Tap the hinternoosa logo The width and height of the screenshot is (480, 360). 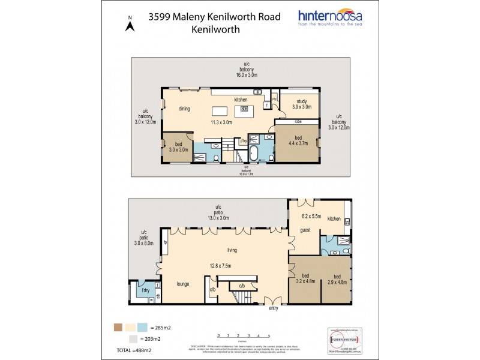click(341, 21)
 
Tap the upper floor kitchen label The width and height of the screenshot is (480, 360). click(241, 99)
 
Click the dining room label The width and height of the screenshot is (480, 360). click(184, 109)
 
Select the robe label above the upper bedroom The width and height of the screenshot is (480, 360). click(298, 121)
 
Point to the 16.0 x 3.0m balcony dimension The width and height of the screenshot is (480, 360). click(246, 76)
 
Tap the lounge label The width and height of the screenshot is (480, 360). click(183, 284)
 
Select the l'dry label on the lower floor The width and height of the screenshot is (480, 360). click(145, 290)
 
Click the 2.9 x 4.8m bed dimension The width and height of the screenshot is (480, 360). click(337, 280)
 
